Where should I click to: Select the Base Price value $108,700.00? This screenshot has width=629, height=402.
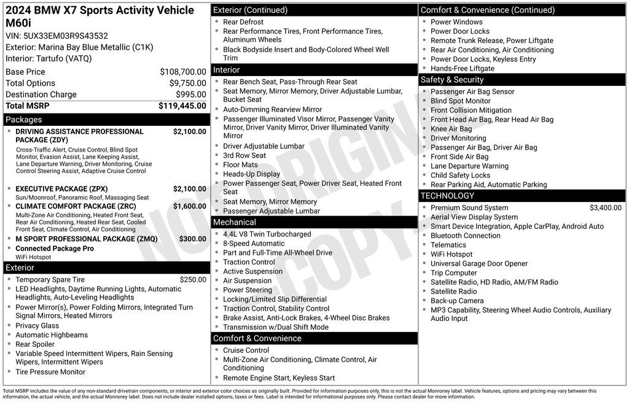pos(183,72)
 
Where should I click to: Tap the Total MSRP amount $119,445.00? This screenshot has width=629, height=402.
pos(182,106)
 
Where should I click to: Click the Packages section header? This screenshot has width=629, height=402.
pos(24,120)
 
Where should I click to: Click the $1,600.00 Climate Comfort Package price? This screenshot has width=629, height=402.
pos(189,206)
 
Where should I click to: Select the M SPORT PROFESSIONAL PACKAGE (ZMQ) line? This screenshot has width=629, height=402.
pos(86,239)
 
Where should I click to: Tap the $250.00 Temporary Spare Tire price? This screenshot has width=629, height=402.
pos(193,279)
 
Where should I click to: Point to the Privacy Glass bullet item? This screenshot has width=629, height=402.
pos(37,326)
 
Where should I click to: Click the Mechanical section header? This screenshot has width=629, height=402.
pos(235,222)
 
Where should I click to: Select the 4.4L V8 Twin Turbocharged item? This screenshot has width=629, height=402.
pos(267,234)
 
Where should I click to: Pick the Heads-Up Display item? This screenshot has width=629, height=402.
pos(251,174)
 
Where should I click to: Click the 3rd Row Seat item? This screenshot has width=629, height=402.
pos(244,155)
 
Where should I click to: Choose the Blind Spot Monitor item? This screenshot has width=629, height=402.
pos(460,101)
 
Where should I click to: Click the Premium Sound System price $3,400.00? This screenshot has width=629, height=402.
pos(605,207)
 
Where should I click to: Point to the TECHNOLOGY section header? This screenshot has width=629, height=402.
pos(447,196)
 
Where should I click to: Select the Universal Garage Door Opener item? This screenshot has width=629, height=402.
pos(479,263)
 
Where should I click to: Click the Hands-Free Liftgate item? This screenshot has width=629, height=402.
pos(462,69)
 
